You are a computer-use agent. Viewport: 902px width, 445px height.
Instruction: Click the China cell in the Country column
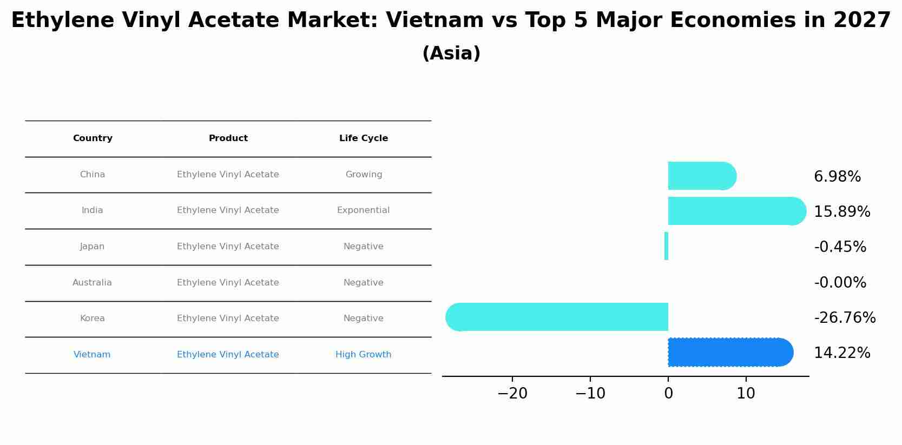pyautogui.click(x=93, y=175)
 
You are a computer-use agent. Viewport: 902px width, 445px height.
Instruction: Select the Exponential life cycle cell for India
pyautogui.click(x=363, y=210)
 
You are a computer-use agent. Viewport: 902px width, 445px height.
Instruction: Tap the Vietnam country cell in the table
pyautogui.click(x=92, y=355)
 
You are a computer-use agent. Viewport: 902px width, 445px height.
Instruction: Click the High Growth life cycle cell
pyautogui.click(x=363, y=355)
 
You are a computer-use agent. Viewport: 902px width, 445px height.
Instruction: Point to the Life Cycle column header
pyautogui.click(x=364, y=138)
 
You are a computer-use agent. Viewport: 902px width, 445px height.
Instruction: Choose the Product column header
pyautogui.click(x=228, y=138)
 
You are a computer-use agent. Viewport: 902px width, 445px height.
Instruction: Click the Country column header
pyautogui.click(x=93, y=138)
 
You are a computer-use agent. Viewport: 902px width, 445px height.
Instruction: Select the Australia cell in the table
pyautogui.click(x=92, y=283)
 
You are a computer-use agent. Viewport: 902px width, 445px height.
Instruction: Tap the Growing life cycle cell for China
pyautogui.click(x=364, y=175)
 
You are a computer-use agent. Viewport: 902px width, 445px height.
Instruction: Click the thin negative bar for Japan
pyautogui.click(x=666, y=246)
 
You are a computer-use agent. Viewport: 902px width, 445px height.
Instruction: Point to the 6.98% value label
pyautogui.click(x=837, y=177)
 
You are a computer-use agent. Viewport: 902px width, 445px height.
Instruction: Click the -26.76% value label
pyautogui.click(x=845, y=318)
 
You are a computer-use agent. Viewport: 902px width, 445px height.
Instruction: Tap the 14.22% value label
pyautogui.click(x=842, y=353)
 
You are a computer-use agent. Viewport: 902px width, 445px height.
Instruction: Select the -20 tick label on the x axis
pyautogui.click(x=512, y=394)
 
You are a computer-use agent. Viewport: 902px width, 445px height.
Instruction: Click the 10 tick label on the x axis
pyautogui.click(x=746, y=394)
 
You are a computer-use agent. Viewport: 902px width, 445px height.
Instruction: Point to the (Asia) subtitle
pyautogui.click(x=451, y=54)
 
